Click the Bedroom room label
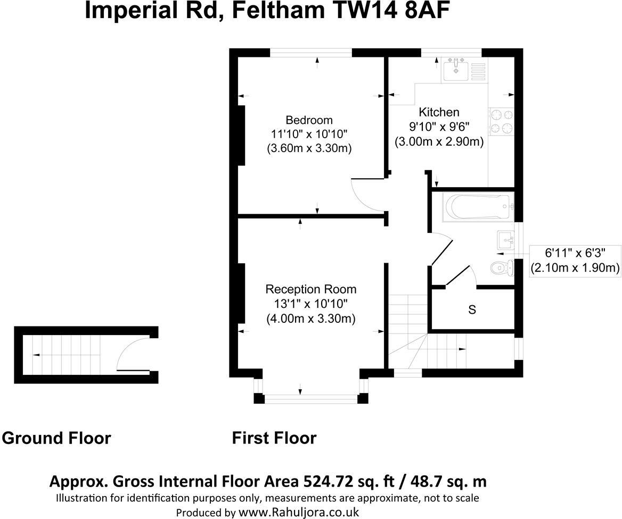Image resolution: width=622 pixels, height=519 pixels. [309, 120]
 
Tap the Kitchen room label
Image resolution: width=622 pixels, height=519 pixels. [439, 112]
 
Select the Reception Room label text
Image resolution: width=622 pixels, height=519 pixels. [311, 289]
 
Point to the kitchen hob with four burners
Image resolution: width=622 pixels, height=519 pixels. [501, 121]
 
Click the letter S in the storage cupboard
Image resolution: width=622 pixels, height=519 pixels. [472, 309]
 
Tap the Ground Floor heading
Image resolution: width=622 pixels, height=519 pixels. [56, 438]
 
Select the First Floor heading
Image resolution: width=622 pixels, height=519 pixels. [274, 438]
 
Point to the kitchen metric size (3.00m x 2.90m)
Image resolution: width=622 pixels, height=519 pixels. [439, 142]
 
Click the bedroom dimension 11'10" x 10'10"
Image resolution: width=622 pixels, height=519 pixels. [309, 134]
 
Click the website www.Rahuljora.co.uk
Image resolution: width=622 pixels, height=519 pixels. [298, 512]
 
